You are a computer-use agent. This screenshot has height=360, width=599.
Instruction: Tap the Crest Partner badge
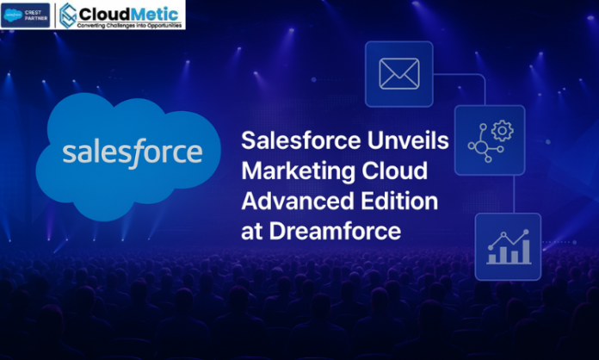click(26, 15)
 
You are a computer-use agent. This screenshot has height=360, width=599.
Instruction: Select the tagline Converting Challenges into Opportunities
click(130, 26)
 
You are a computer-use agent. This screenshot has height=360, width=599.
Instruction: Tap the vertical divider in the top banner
click(56, 15)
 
